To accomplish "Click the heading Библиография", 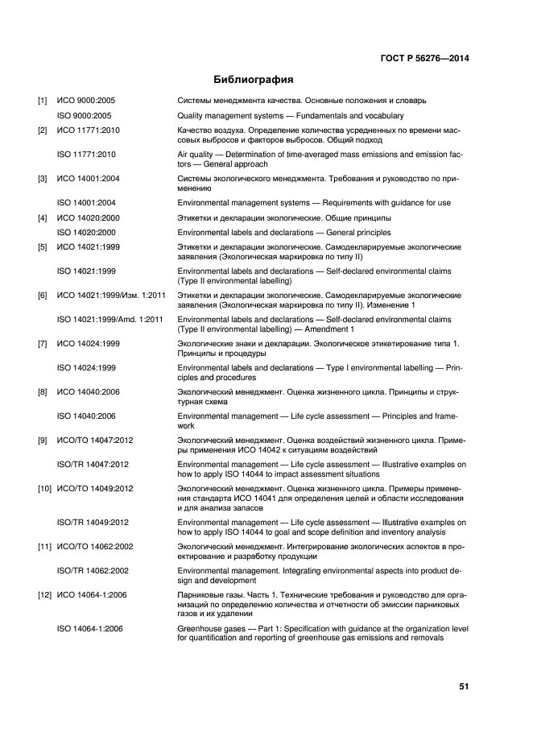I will coord(253,80).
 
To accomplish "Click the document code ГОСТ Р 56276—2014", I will coord(425,58).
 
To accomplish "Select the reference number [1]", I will coord(43,101).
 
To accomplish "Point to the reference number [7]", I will coord(43,344).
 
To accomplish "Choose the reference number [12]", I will coord(46,594).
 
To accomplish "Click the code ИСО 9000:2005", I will coord(86,101).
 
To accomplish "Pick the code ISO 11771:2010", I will coord(88,154).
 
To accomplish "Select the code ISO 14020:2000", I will coord(88,232).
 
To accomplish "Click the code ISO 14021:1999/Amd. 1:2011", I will coord(110,320).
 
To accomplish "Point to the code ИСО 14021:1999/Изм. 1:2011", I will coord(111,296).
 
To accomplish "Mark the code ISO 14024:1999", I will coord(88,368).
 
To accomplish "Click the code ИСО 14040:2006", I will coord(88,392).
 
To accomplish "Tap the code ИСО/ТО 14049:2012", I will coord(95,489).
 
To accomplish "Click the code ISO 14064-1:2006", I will coord(92,627).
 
